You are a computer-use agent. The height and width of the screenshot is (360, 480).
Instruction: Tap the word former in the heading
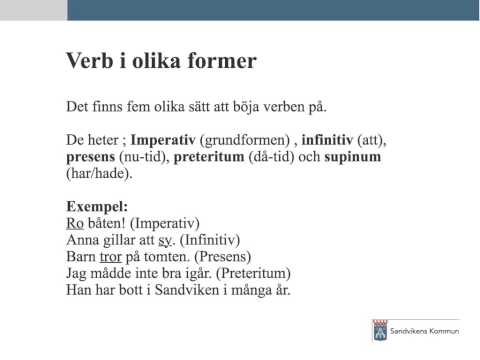[x=223, y=62]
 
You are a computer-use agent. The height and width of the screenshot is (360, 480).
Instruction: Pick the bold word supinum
[x=353, y=158]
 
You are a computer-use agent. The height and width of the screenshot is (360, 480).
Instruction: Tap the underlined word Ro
[x=75, y=222]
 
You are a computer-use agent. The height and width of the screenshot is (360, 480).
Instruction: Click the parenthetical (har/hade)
[x=99, y=175]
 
